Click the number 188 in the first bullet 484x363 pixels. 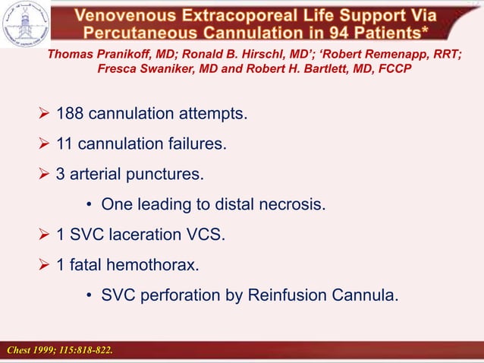[71, 114]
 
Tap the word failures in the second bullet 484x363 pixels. [200, 144]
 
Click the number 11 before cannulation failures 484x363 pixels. [65, 144]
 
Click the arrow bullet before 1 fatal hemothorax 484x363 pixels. [44, 265]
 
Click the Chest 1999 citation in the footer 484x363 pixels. [60, 350]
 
